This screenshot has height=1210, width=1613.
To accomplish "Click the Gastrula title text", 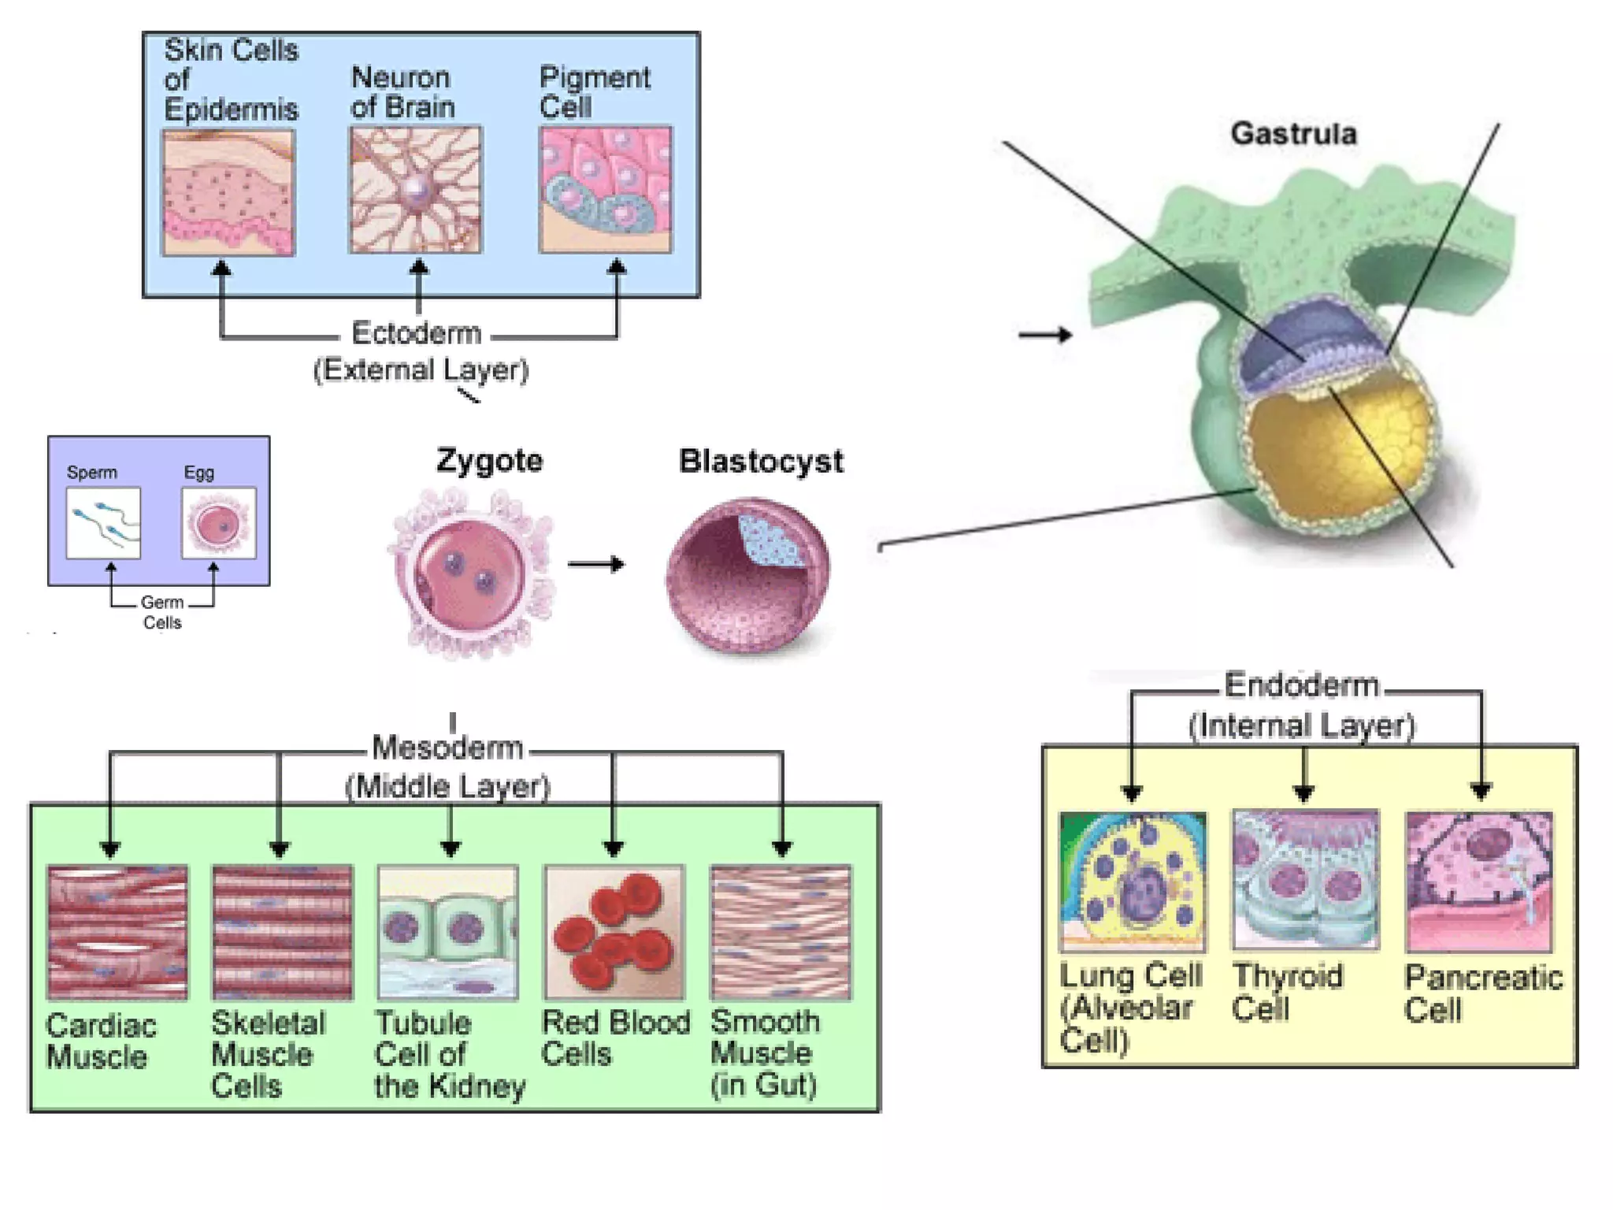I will coord(1293,134).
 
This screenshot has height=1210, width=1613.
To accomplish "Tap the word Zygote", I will coord(489,460).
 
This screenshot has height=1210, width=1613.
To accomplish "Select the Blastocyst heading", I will coord(761,461).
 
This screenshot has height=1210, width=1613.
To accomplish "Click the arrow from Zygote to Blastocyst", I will coord(596,564).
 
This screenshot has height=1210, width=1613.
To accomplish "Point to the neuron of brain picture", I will coord(415,190).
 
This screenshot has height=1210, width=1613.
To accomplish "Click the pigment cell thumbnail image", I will coord(605,190).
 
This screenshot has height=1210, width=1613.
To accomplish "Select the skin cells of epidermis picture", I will coord(228,193).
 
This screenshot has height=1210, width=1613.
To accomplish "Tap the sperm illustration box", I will coord(103,523).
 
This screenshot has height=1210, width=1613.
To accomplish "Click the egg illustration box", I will coord(218,523).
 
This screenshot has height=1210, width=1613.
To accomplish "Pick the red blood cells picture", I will coord(614,932).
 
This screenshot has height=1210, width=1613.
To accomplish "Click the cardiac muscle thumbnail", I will coord(117,932).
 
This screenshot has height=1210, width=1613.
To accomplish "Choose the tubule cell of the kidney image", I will coord(447,932).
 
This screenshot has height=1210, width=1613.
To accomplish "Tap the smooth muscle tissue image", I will coord(781,932).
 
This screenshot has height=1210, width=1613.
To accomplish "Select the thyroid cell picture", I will coord(1305,880).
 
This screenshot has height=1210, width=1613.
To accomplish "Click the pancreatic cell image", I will coord(1479,882).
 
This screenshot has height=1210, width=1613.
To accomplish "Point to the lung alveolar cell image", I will coord(1133,882).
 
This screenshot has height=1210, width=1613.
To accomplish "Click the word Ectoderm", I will coord(416,333).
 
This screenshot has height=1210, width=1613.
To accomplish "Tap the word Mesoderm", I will coord(447,748).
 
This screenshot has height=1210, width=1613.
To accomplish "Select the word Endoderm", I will coord(1301,685).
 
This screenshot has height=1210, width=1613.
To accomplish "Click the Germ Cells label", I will coord(162,612).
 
